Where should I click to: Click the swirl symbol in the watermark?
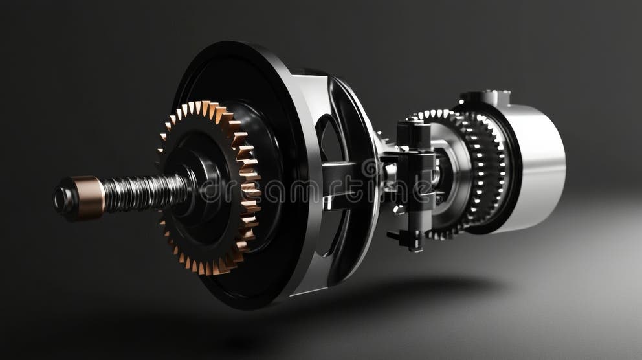coord(370,170)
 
